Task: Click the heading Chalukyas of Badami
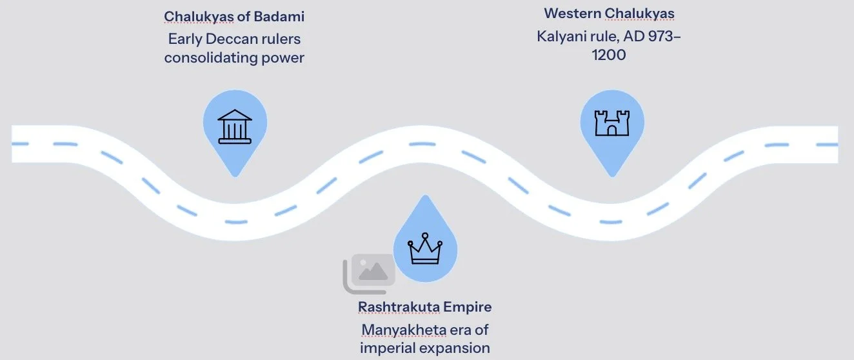click(233, 16)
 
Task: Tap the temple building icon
click(235, 125)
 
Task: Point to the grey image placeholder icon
click(370, 272)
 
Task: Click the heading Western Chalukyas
click(609, 13)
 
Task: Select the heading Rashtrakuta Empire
click(424, 306)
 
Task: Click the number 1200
click(608, 55)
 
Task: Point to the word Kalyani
click(561, 35)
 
